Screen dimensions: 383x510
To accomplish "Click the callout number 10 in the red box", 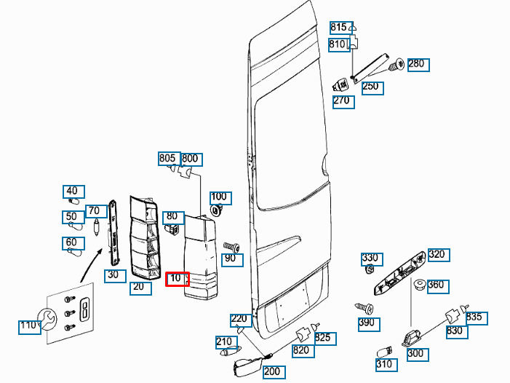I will tap(177, 279).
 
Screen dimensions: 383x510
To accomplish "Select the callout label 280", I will tap(417, 64).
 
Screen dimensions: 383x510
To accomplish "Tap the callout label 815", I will tap(339, 28).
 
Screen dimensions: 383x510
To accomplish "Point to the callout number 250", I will tap(371, 87).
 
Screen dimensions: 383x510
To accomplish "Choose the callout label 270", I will tap(342, 101).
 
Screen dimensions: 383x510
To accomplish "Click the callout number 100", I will tap(219, 197).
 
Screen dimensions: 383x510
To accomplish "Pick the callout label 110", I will tap(28, 325).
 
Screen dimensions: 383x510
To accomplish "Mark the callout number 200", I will tap(273, 372).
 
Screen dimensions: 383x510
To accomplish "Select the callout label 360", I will tap(436, 285).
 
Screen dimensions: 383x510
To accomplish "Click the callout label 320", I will tap(437, 255).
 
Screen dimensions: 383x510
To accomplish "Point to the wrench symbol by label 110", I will tap(48, 317).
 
